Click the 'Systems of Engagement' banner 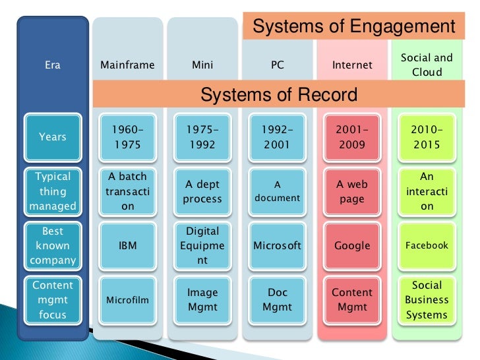coord(353,27)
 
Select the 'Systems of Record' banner coord(278,94)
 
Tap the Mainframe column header coord(127,65)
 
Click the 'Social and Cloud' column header coord(427,65)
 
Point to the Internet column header coord(352,65)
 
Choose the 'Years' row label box coord(53,137)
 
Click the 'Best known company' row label coord(53,245)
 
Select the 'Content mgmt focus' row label coord(53,300)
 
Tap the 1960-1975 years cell coord(127,137)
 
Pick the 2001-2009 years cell coord(352,137)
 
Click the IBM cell coord(127,245)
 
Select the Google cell coord(352,245)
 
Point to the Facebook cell coord(427,245)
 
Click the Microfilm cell coord(127,300)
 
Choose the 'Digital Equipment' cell coord(202,245)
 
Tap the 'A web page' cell coord(352,191)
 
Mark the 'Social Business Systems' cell coord(427,300)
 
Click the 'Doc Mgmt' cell coord(277,300)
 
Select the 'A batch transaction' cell coord(127,191)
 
